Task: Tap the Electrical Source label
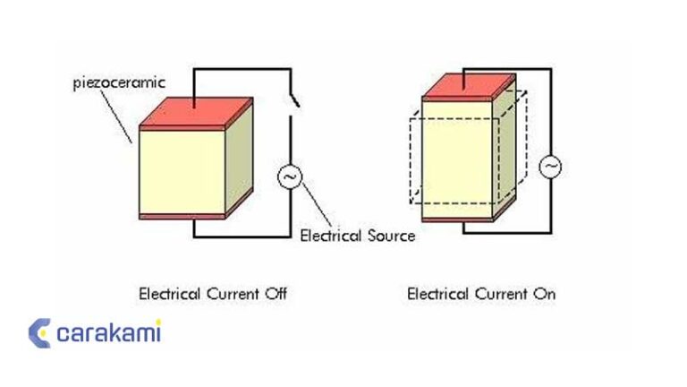(x=358, y=236)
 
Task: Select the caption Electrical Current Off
(x=213, y=293)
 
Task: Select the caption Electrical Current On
(x=481, y=293)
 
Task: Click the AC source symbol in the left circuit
(x=290, y=177)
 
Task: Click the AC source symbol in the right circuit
(x=548, y=166)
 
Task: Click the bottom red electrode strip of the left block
(x=178, y=217)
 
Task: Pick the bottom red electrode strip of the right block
(x=457, y=219)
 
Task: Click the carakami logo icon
(x=39, y=333)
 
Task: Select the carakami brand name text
(x=108, y=333)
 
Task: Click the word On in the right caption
(x=544, y=293)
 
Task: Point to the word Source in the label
(x=391, y=236)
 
